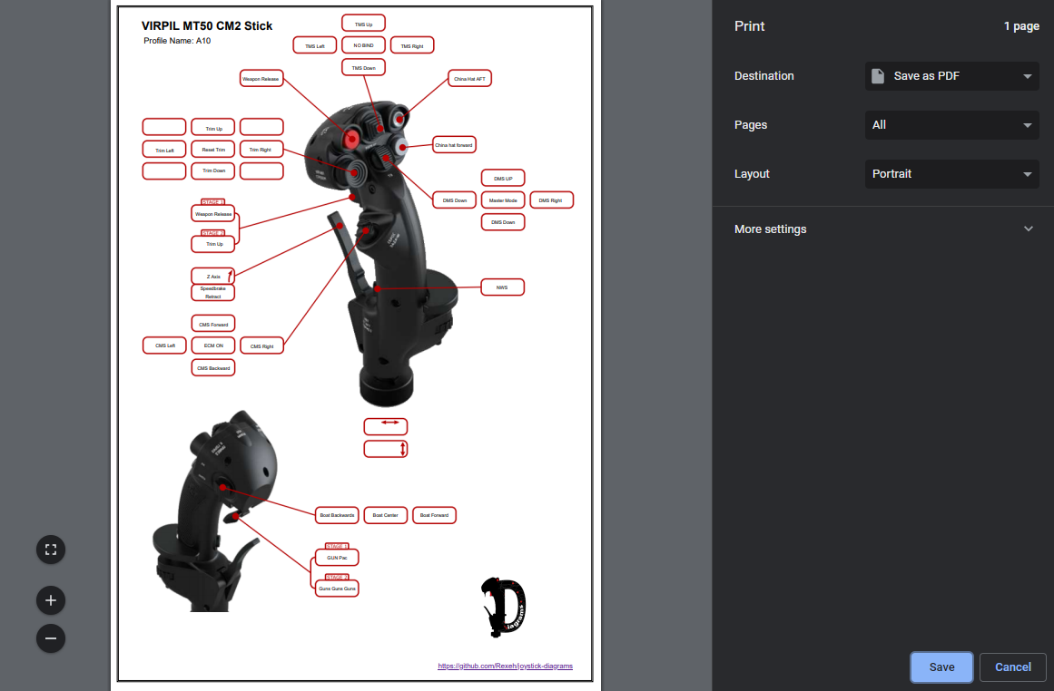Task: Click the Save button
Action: (x=941, y=667)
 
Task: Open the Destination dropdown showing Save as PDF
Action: (x=951, y=76)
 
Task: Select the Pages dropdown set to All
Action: (x=951, y=125)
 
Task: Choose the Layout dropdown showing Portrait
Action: (x=951, y=174)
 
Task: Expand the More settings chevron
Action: (x=1028, y=229)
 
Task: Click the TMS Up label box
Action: (x=363, y=24)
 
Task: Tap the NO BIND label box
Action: (x=363, y=45)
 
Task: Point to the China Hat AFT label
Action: (x=469, y=79)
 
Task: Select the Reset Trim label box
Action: (x=213, y=149)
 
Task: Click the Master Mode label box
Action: (x=503, y=200)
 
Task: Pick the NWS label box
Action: (x=502, y=287)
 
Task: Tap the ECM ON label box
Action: (x=213, y=345)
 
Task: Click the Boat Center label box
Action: (x=386, y=515)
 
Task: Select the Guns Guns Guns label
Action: (x=337, y=589)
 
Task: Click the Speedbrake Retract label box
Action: (x=212, y=292)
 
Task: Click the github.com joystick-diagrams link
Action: (x=505, y=667)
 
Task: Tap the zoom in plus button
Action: (x=51, y=600)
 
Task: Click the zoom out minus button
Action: (x=51, y=638)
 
